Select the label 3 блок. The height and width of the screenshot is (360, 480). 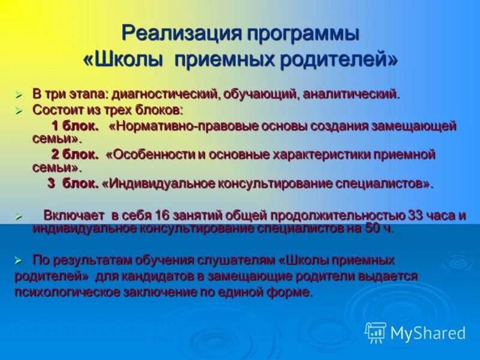click(x=73, y=184)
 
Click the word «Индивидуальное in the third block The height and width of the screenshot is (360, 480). click(x=151, y=184)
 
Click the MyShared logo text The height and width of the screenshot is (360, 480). click(x=428, y=333)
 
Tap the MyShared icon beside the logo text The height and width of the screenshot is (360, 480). click(x=376, y=332)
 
